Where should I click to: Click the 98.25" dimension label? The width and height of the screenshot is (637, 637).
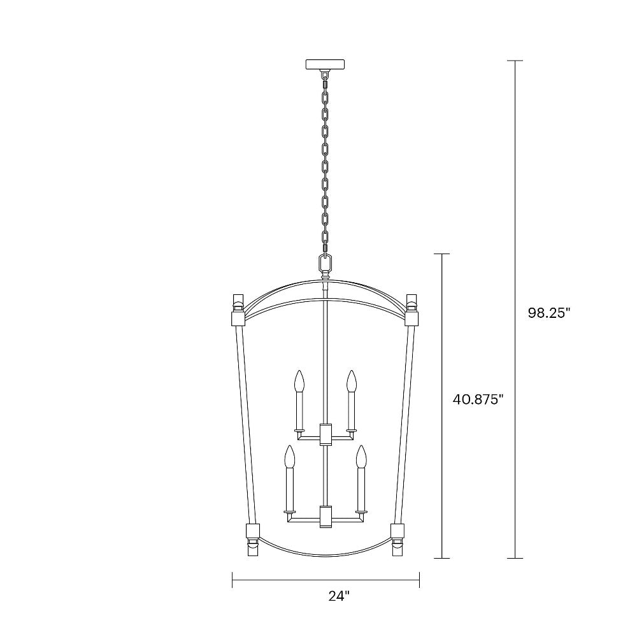point(548,313)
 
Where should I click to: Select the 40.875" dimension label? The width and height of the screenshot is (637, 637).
point(478,399)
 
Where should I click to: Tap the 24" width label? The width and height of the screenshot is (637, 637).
point(339,596)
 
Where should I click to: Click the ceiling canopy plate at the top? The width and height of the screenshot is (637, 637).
point(325,64)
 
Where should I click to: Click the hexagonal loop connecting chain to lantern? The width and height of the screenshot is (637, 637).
point(326,262)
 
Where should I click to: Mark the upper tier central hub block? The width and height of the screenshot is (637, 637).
point(326,434)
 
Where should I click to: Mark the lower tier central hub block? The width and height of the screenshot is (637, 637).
point(326,516)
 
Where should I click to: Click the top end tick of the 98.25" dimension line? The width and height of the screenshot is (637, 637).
point(515,61)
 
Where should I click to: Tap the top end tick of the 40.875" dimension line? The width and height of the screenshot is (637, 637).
point(442,254)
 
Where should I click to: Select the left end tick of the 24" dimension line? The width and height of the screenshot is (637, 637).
point(233,579)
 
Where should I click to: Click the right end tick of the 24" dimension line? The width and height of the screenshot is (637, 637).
point(419,579)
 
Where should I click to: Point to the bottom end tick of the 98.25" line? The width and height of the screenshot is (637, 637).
point(515,559)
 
